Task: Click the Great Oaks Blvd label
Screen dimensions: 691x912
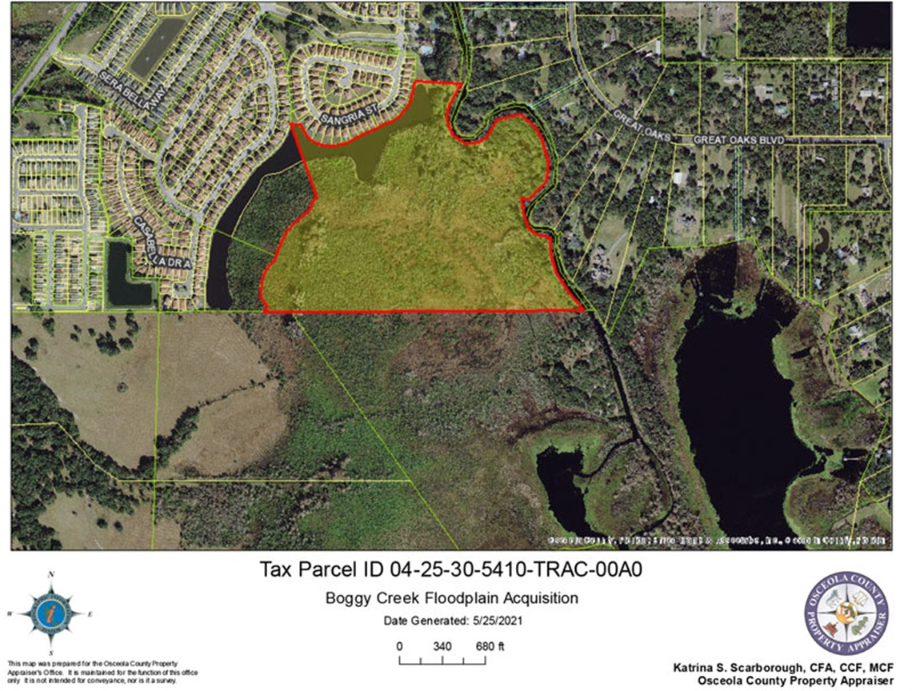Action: (x=736, y=140)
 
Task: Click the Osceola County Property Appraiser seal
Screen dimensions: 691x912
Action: (x=846, y=613)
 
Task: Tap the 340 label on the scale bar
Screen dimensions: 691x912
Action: (x=442, y=646)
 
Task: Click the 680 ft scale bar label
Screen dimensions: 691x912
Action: (x=490, y=646)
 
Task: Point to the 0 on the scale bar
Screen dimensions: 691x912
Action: (x=399, y=646)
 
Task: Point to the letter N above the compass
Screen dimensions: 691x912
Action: (x=51, y=575)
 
